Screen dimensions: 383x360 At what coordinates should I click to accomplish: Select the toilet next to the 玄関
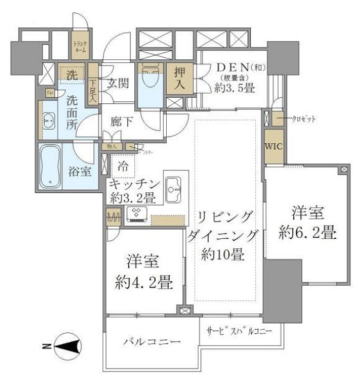pos(150,80)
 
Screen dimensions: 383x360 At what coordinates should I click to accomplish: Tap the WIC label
pos(274,147)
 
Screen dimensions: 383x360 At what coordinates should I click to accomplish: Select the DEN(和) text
pos(237,68)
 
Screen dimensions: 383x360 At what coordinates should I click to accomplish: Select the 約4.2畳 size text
pos(144,283)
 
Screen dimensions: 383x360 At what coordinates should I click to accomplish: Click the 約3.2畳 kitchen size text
pos(135,198)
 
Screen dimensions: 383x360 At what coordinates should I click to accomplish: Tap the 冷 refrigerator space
pos(124,166)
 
